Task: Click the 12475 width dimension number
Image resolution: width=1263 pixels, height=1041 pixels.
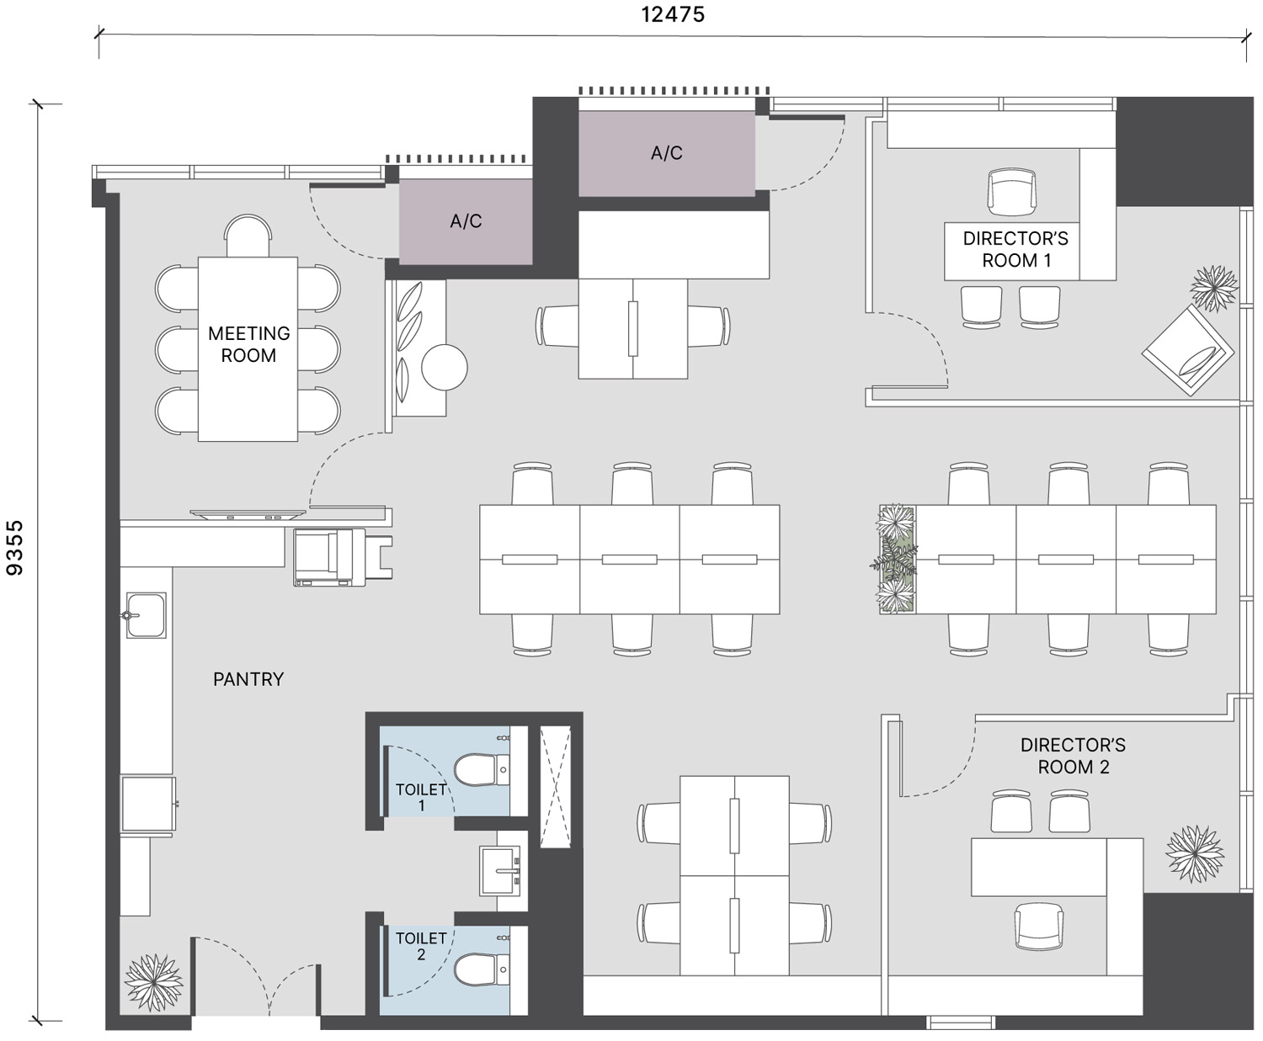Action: [x=673, y=14]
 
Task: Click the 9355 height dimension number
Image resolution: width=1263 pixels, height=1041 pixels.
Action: [x=14, y=548]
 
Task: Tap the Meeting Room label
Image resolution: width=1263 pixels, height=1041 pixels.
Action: [x=248, y=344]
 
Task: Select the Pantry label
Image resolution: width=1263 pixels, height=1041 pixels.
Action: [x=248, y=679]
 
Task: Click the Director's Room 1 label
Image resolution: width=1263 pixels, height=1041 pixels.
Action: [x=1015, y=249]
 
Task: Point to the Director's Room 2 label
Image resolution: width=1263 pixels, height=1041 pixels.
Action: [x=1073, y=756]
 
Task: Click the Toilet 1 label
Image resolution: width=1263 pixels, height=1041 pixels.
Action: [x=421, y=797]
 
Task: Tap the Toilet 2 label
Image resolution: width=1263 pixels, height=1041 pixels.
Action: [x=421, y=946]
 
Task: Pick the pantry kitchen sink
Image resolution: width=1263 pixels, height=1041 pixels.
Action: [x=146, y=615]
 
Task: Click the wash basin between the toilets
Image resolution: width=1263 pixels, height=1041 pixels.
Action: [x=500, y=870]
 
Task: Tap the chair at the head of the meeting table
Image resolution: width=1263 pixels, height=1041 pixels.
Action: [x=248, y=236]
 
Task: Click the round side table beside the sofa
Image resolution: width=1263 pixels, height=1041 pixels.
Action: [x=445, y=367]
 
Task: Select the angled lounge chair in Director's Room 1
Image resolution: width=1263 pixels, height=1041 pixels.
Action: [x=1188, y=350]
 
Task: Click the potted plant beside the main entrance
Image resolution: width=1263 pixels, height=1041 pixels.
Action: [x=153, y=982]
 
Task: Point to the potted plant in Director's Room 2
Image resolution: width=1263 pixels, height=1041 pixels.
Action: [x=1195, y=853]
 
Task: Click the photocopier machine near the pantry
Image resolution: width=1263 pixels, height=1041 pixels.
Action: [x=330, y=557]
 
